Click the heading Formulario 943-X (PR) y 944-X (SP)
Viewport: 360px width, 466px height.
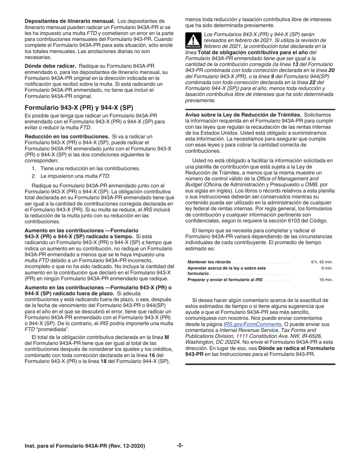coord(79,107)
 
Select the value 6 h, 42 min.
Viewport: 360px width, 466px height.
coord(322,262)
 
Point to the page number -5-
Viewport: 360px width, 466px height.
coord(180,446)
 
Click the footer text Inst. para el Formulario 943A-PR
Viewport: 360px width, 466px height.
coord(85,446)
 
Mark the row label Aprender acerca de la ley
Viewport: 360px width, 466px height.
coord(227,268)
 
